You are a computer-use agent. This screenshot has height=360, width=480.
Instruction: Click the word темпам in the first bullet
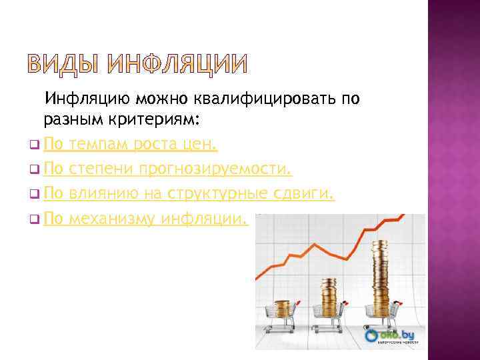tap(99, 143)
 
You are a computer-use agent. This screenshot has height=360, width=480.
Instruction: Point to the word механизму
tap(112, 218)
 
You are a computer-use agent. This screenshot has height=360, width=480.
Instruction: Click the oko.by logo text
tap(399, 333)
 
